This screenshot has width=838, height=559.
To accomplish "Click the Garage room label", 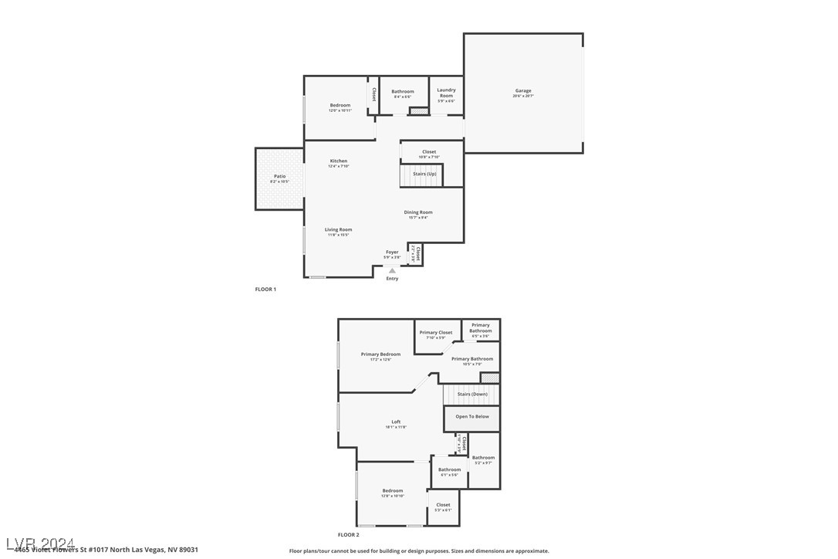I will point(523,91).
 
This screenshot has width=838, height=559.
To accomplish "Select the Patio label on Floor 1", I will point(279,177).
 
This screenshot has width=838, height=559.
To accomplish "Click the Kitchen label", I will point(338,161).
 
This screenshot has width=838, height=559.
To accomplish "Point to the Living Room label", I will point(338,230).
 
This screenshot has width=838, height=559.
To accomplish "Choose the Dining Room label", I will point(418,212).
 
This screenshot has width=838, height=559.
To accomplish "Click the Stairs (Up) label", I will point(424,174).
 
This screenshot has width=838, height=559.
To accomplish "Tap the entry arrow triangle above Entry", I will point(392,270).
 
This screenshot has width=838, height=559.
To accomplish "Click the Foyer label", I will point(392,252).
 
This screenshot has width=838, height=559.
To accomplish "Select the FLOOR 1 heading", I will point(265,290).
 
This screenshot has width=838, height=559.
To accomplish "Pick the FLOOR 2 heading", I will point(348,534).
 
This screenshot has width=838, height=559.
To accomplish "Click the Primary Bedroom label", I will point(380,354).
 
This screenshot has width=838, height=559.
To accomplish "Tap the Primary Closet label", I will point(436,333).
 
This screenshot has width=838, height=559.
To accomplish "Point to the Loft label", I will point(396,422).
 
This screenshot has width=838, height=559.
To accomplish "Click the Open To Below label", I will point(471,417).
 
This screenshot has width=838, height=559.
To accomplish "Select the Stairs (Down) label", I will point(472,395).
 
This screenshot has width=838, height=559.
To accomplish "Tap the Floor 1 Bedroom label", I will point(340,106).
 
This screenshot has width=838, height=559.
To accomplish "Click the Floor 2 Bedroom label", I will point(392,491).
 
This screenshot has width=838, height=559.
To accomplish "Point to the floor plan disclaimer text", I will point(419,551).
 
